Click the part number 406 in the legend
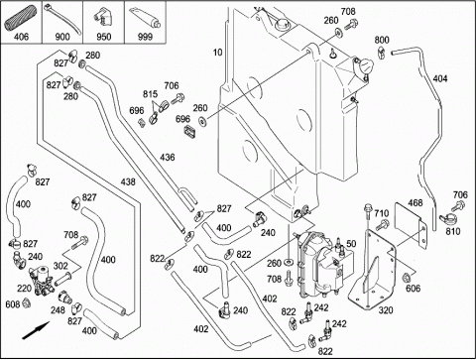21,37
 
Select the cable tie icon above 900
62,18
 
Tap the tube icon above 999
145,19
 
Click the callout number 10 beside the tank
218,53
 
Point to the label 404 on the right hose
440,78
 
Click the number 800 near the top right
382,40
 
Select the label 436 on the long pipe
168,157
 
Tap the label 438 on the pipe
128,181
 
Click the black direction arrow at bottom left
36,330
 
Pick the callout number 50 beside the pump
351,244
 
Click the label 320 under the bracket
386,310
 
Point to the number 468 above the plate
416,202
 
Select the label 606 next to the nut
414,289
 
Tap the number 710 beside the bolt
382,213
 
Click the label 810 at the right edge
452,231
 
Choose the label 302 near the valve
60,266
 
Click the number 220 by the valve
24,289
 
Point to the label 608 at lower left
13,303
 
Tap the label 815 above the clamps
150,94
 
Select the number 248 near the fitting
58,310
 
